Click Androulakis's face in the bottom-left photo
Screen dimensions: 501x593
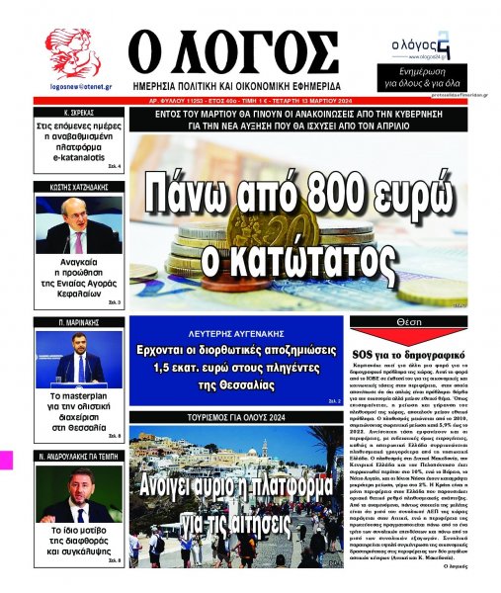[80, 485]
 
